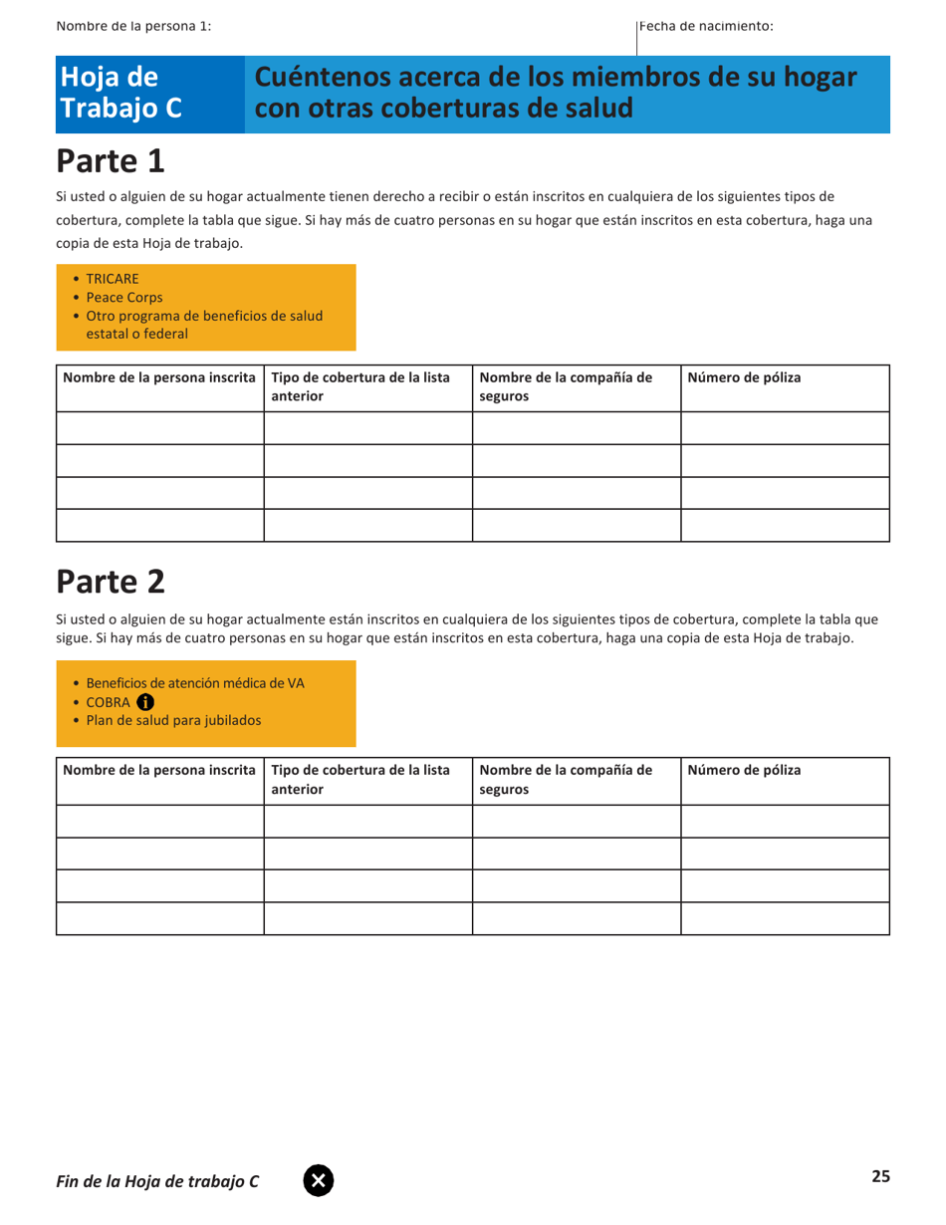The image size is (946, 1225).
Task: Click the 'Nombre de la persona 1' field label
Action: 133,26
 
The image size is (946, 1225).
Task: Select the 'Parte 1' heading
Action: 110,159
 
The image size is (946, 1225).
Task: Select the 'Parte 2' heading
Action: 110,580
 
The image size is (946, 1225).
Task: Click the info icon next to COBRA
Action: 145,701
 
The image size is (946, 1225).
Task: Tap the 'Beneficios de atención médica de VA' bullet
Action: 195,683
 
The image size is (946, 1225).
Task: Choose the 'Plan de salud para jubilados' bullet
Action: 174,720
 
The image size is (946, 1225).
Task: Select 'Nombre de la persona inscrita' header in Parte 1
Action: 159,377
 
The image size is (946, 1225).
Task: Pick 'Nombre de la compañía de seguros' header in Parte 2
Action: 566,779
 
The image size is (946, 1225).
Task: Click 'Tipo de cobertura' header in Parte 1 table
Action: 359,386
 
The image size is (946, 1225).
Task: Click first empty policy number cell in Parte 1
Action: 785,428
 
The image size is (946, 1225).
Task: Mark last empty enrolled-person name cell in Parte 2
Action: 159,918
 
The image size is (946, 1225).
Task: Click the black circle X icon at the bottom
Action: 319,1180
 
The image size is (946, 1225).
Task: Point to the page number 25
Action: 880,1176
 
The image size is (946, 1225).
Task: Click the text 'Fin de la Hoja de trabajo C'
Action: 157,1181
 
